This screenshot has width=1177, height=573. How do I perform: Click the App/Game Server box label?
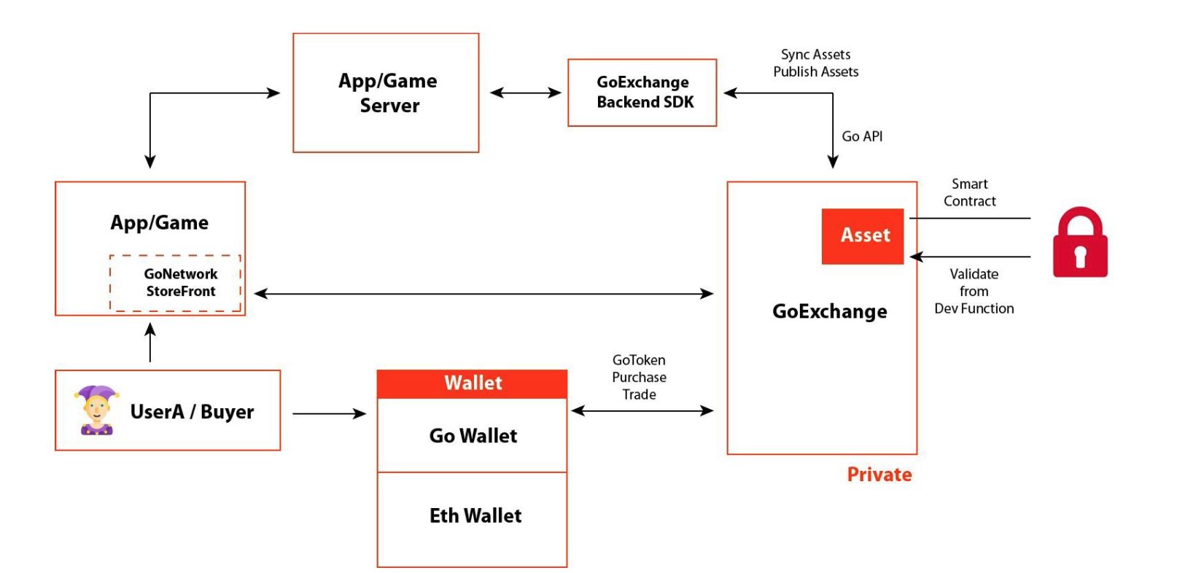pos(388,93)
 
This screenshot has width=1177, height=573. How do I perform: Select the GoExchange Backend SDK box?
pos(642,93)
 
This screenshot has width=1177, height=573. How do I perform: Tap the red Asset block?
pos(863,235)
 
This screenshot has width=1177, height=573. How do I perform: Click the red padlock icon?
pos(1080,243)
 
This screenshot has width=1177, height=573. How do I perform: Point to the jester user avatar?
pos(96,410)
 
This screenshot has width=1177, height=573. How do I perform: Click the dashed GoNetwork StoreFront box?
pos(176,283)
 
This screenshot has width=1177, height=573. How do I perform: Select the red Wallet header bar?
pos(472,383)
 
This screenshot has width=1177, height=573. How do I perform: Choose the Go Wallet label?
pos(473,436)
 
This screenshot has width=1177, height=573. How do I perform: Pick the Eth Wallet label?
pos(475,516)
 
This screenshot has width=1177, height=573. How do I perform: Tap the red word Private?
pos(879,475)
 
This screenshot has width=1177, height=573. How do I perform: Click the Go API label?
pos(862,136)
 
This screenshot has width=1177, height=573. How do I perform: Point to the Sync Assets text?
pos(815,55)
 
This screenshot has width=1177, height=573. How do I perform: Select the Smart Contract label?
pos(969,192)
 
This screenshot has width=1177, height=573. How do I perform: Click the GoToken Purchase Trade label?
pos(639,377)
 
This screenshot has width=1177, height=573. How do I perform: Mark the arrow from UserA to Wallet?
pos(329,413)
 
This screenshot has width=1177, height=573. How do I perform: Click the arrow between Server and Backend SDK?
pos(525,93)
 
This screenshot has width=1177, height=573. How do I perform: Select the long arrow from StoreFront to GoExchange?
pos(483,293)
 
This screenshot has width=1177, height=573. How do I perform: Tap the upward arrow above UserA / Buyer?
pos(150,343)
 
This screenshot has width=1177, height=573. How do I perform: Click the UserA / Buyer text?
pos(192,412)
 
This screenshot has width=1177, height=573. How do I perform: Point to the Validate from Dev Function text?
pos(974,291)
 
